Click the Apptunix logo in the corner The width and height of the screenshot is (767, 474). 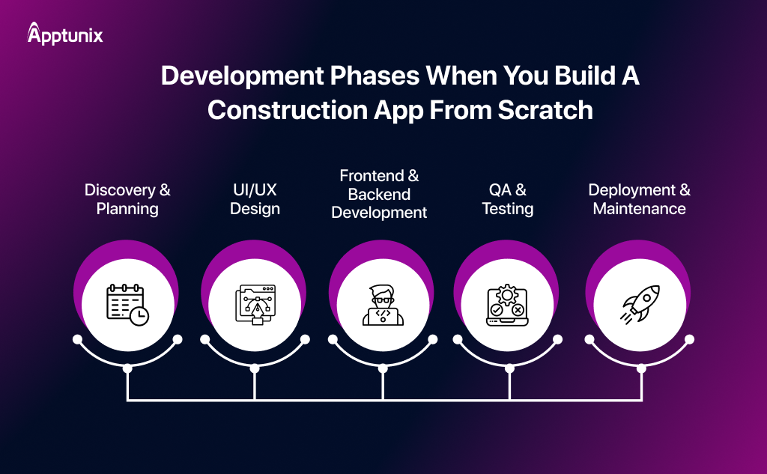click(65, 34)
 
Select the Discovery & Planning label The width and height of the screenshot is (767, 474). click(127, 199)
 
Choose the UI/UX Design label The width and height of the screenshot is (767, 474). click(255, 199)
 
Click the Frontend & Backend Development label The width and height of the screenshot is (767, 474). click(379, 194)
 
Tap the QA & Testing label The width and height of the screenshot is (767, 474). click(507, 199)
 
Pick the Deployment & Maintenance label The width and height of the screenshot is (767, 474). click(639, 199)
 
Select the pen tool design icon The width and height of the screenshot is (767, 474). click(255, 304)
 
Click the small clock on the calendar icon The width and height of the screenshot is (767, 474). click(139, 316)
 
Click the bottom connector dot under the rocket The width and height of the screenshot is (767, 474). click(639, 368)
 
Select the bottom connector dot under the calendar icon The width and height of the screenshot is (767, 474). click(127, 368)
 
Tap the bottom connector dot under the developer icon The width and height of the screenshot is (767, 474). click(383, 368)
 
